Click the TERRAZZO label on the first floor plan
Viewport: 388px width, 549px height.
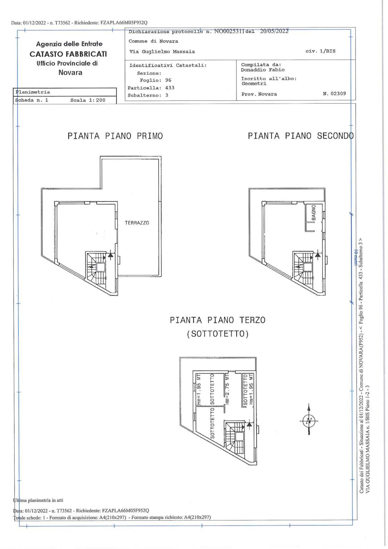(x=137, y=223)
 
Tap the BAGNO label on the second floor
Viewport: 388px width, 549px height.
(x=314, y=212)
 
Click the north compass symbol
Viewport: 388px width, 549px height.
(x=309, y=421)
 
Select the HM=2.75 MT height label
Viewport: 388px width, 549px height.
(x=228, y=389)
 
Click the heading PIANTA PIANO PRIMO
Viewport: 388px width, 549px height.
(x=115, y=136)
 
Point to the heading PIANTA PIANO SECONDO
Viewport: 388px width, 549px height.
(x=300, y=136)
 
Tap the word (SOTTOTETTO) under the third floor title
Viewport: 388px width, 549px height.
(x=218, y=334)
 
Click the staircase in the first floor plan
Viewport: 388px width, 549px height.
(x=97, y=268)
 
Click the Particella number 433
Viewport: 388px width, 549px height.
(x=170, y=88)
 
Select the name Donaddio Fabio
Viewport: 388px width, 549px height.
(x=263, y=70)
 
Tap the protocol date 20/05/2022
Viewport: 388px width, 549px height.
(x=274, y=31)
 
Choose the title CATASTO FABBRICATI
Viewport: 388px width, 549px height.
(x=68, y=54)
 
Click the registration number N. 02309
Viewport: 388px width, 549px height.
(x=334, y=93)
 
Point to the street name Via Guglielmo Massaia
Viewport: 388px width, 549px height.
(x=162, y=52)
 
